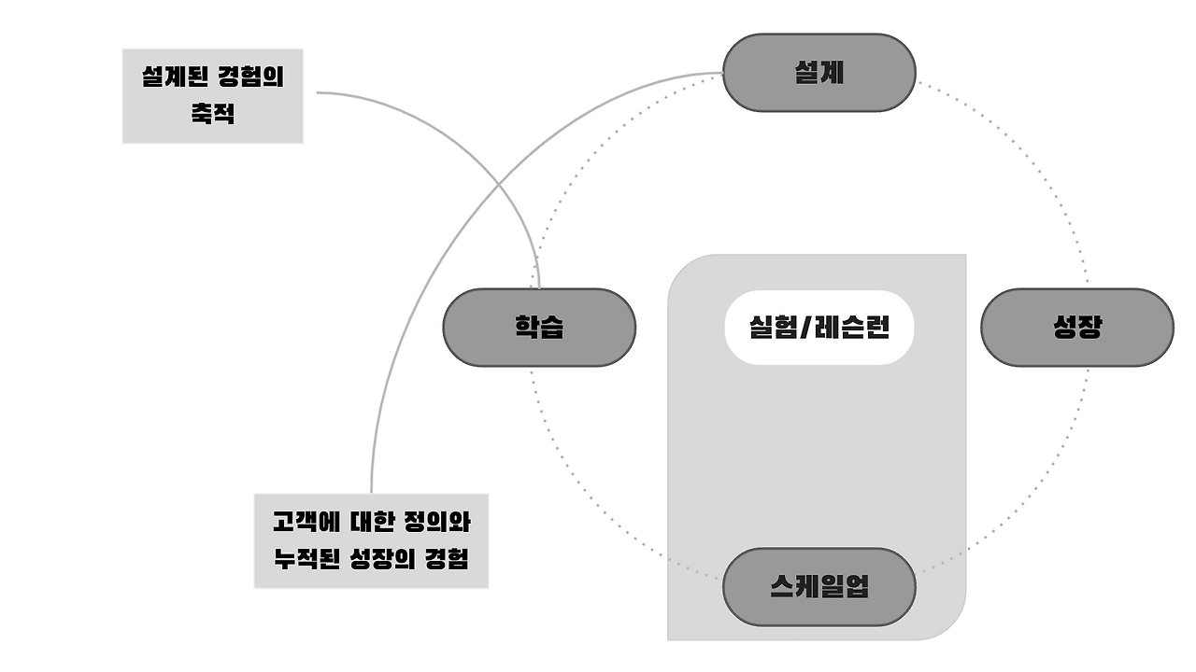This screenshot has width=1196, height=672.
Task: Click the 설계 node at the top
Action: point(819,73)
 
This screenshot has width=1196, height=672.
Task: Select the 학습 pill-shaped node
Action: point(538,327)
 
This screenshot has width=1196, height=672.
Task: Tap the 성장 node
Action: point(1076,327)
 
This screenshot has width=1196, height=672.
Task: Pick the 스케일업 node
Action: point(819,586)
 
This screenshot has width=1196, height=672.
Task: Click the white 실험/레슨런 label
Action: point(819,327)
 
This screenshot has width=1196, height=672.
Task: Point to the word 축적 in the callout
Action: point(212,115)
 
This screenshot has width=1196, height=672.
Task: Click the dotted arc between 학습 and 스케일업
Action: point(598,504)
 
